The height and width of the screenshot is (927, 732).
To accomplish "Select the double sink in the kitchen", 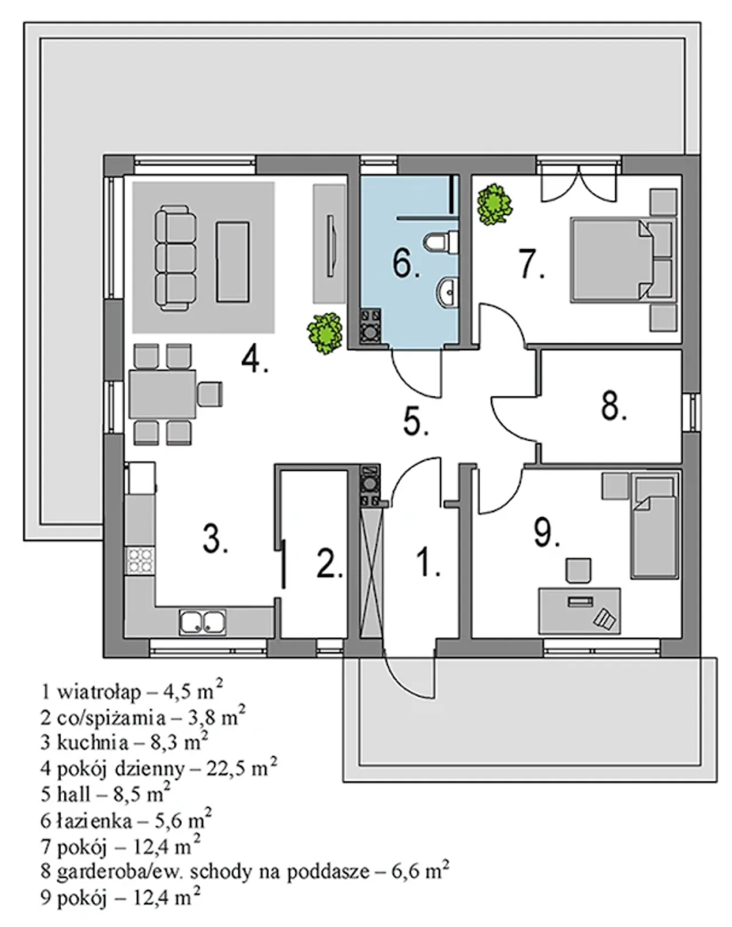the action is [202, 622].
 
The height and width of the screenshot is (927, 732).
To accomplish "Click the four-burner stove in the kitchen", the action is [140, 561].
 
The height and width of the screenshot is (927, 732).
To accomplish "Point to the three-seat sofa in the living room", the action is [175, 258].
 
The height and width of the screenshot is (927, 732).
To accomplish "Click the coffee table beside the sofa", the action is [233, 262].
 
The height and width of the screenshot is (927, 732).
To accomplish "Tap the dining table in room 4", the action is [163, 394].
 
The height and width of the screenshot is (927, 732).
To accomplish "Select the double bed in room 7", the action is [622, 259].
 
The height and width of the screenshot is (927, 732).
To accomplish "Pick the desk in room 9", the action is [579, 611].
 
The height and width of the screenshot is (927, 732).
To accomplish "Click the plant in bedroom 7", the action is [495, 205].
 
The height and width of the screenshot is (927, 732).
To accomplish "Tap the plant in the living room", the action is [325, 333].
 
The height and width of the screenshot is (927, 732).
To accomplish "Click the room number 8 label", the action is [614, 406].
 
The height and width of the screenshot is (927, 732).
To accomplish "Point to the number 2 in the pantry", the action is [330, 562].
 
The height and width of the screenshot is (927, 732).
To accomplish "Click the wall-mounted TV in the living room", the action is [332, 246].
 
